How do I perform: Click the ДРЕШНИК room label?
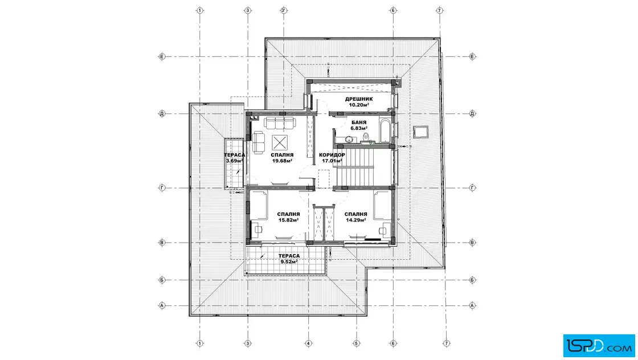pyautogui.click(x=358, y=99)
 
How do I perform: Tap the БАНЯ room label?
pyautogui.click(x=359, y=122)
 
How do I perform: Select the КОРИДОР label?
pyautogui.click(x=332, y=155)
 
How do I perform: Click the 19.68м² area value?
pyautogui.click(x=283, y=161)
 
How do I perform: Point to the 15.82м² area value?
pyautogui.click(x=288, y=220)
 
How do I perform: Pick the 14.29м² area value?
pyautogui.click(x=356, y=220)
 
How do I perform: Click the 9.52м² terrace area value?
pyautogui.click(x=289, y=261)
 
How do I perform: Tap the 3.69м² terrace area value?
pyautogui.click(x=235, y=161)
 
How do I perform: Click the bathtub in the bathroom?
pyautogui.click(x=385, y=130)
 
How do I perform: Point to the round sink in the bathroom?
pyautogui.click(x=349, y=140)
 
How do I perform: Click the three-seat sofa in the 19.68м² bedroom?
pyautogui.click(x=279, y=122)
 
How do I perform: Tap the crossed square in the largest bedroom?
pyautogui.click(x=280, y=142)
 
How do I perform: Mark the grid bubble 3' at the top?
pyautogui.click(x=284, y=11)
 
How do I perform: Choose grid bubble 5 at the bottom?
pyautogui.click(x=357, y=343)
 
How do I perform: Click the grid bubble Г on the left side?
pyautogui.click(x=162, y=188)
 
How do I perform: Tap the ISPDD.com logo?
pyautogui.click(x=599, y=346)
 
